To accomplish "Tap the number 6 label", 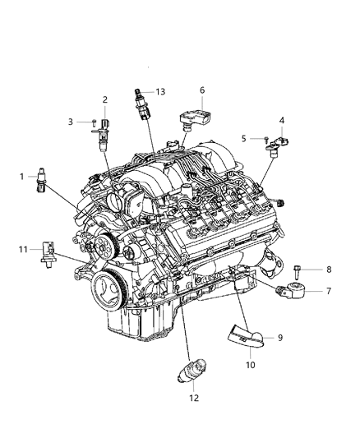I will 201,90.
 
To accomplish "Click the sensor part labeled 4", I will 280,146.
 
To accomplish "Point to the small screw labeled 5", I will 267,139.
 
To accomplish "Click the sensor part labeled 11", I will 48,252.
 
